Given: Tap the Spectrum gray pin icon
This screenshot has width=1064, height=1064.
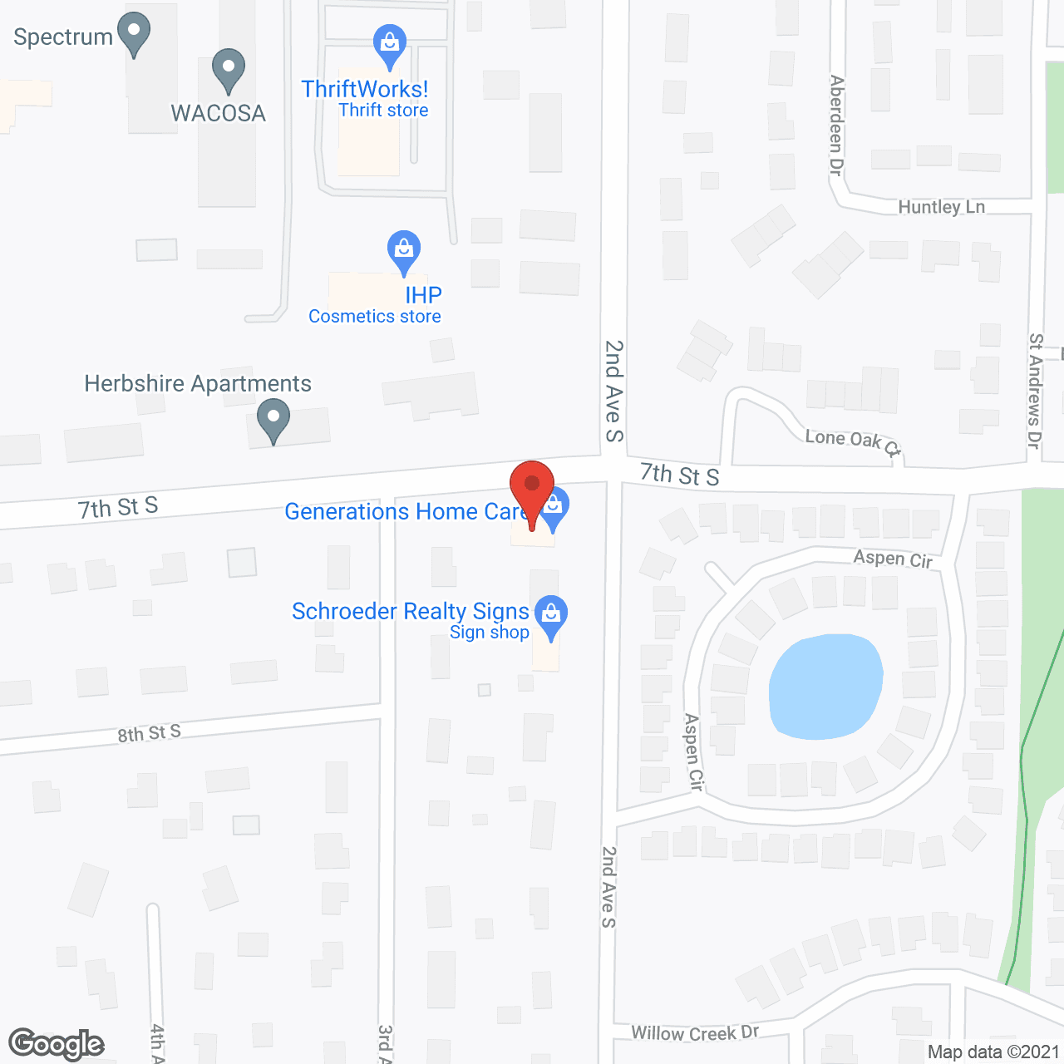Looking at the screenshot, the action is click(x=133, y=34).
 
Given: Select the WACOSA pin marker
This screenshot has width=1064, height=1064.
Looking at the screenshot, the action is click(x=229, y=70).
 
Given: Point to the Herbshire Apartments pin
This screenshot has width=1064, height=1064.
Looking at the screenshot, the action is click(x=273, y=419).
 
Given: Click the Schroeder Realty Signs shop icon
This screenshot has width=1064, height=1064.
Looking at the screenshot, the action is click(x=550, y=616).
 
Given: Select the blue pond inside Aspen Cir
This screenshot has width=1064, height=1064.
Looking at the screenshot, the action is click(x=825, y=687).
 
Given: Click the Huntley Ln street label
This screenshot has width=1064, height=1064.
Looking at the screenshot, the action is click(x=941, y=207).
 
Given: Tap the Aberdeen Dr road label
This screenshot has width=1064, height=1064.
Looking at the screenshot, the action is click(x=836, y=125).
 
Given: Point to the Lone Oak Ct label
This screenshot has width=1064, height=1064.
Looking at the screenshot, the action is click(x=852, y=441).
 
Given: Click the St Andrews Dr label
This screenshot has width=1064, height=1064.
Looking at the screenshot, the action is click(x=1035, y=391).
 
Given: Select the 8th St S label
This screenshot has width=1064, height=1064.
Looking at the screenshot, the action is click(x=149, y=734).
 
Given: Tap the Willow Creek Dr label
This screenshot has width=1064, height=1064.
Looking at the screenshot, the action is click(x=695, y=1032).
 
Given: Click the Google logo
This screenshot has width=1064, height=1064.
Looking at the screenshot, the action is click(x=57, y=1044).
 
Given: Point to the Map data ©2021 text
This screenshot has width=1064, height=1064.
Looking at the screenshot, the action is click(x=993, y=1052).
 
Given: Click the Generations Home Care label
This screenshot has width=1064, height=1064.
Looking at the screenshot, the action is click(x=406, y=511).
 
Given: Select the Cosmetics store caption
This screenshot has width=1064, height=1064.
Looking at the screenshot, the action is click(x=374, y=317).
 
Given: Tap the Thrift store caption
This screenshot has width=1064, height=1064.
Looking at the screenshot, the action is click(x=383, y=111).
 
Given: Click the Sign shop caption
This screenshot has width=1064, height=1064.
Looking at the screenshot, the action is click(x=489, y=633).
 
